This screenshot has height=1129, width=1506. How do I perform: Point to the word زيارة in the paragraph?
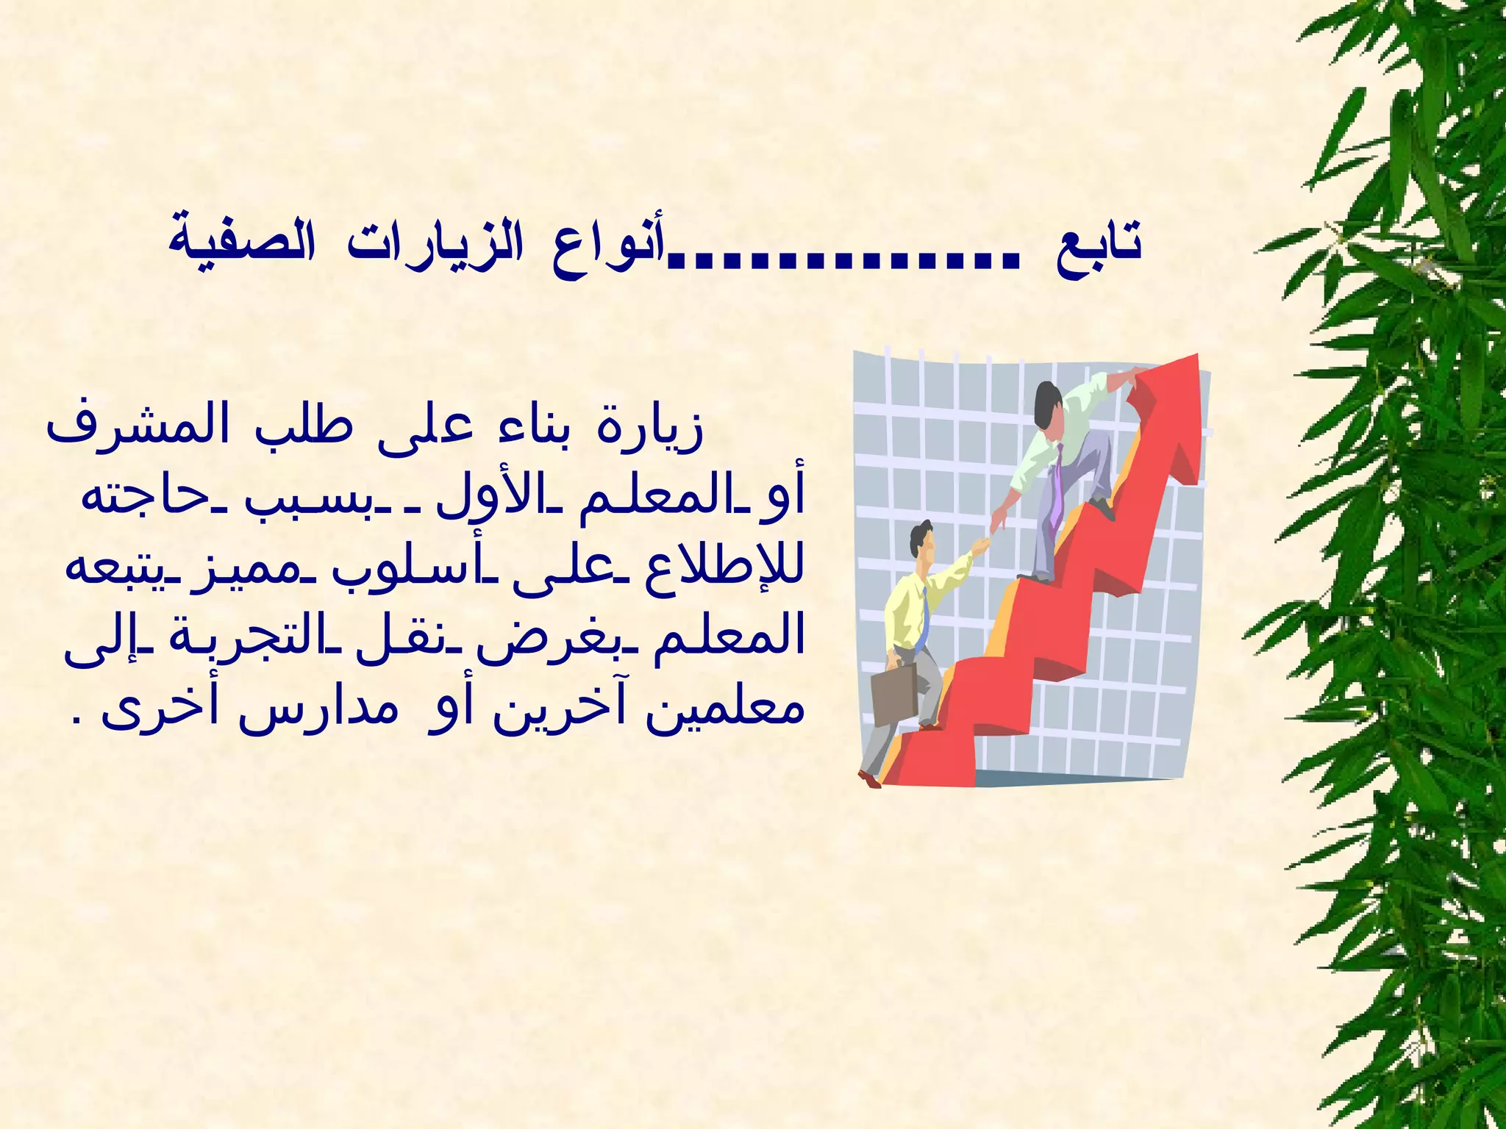[648, 429]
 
